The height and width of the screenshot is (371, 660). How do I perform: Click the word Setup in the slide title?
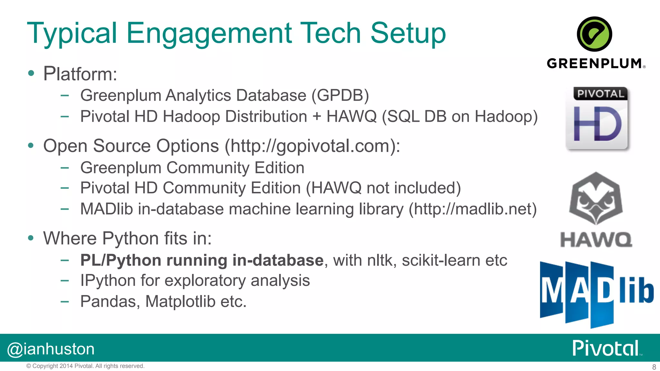click(x=408, y=33)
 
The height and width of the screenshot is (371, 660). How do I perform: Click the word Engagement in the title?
click(x=209, y=34)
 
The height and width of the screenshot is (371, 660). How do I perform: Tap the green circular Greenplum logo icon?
click(x=594, y=34)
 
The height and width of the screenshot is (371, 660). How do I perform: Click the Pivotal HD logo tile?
click(x=597, y=118)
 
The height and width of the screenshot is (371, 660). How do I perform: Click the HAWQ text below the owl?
click(x=596, y=240)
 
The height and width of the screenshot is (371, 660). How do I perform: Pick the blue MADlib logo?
click(x=597, y=294)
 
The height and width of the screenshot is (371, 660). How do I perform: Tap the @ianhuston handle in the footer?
click(x=51, y=349)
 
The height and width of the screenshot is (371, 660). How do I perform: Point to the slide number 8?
click(x=654, y=367)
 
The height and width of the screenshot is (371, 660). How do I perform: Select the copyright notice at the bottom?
click(x=85, y=366)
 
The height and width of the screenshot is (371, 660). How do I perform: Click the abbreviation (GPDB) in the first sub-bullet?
click(x=340, y=95)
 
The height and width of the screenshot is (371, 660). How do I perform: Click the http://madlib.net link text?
click(x=472, y=209)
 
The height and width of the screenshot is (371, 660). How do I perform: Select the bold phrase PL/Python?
click(x=121, y=260)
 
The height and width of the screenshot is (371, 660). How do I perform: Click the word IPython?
click(x=120, y=281)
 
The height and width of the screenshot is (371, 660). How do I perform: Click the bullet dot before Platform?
click(x=31, y=73)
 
